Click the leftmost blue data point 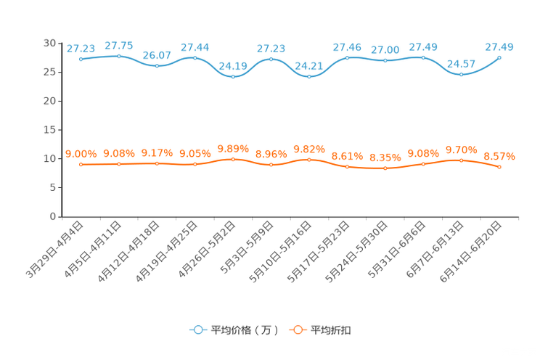[x=81, y=58]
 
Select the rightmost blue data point [x=499, y=57]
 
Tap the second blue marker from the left [x=119, y=55]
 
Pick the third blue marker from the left [x=157, y=65]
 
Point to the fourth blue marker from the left [x=195, y=57]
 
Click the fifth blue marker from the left [x=233, y=75]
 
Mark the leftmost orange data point [x=81, y=164]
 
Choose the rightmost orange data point [x=499, y=167]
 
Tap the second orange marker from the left [x=119, y=164]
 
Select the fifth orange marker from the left [x=233, y=158]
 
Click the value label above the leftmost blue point [x=81, y=49]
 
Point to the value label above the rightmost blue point [x=499, y=47]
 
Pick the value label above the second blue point [x=119, y=45]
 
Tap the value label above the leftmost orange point [x=81, y=153]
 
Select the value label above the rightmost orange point [x=499, y=156]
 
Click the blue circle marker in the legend [x=197, y=330]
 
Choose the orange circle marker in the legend [x=298, y=330]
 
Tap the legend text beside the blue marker [x=244, y=330]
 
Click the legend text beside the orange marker [x=331, y=330]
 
